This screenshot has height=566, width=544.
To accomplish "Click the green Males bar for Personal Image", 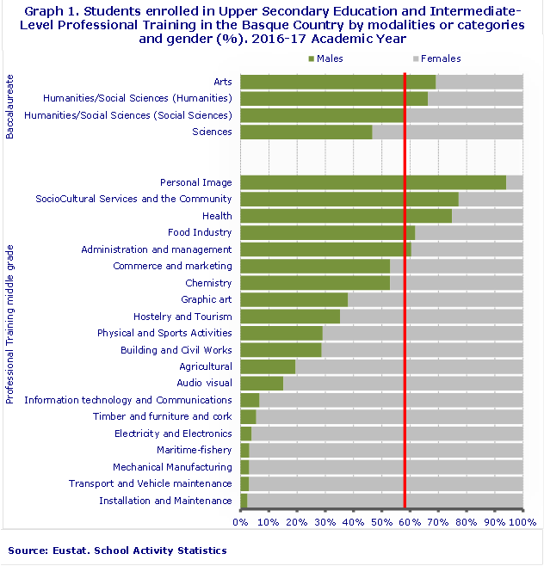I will [373, 182].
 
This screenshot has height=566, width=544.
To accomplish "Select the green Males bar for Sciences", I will [306, 132].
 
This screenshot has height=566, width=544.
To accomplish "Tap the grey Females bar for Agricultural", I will [409, 366].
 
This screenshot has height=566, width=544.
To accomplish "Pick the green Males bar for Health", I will [345, 216].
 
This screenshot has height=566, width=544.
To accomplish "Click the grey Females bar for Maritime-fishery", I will [386, 450].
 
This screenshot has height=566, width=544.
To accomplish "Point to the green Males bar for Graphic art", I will [294, 299].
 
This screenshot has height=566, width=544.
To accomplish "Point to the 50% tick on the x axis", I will [381, 521].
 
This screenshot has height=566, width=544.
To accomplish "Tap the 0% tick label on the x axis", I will [240, 521].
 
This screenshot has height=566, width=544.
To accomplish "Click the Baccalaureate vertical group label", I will [10, 107].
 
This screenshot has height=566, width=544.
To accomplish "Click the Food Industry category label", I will [200, 232].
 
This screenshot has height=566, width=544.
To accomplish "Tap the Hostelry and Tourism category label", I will [182, 317].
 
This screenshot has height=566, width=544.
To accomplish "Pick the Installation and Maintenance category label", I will [165, 501].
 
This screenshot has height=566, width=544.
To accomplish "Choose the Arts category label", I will [222, 82].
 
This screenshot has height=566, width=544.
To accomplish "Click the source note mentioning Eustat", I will [117, 551].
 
